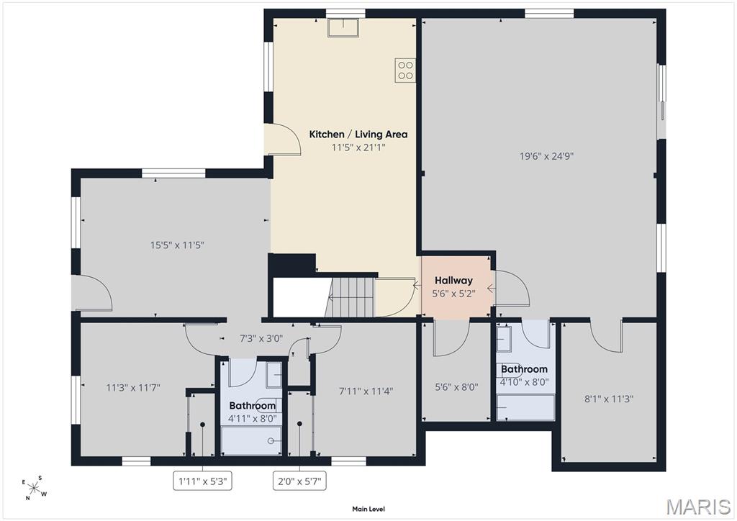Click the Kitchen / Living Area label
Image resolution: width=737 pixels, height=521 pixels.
(358, 135)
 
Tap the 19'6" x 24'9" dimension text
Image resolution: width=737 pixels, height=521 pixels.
(547, 156)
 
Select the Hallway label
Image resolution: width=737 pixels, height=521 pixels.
(453, 281)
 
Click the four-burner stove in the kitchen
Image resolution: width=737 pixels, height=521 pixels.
(405, 71)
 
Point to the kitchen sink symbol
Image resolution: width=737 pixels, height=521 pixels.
(343, 27)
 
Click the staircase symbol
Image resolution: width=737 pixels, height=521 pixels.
(351, 296)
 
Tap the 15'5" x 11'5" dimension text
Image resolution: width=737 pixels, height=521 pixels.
(177, 245)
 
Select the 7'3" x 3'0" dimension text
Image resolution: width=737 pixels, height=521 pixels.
(261, 338)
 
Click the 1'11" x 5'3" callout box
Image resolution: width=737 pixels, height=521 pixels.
(202, 481)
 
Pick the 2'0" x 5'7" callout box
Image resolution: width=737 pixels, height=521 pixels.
(300, 481)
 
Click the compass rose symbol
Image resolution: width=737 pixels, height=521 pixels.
(35, 488)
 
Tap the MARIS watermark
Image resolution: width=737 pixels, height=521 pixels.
(698, 507)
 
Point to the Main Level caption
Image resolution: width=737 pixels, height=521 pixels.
(368, 509)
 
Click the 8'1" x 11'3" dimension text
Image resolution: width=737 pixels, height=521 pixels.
(609, 399)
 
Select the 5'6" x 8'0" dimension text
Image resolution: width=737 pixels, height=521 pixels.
(456, 387)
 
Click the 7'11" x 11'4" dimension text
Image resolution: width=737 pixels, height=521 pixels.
(366, 391)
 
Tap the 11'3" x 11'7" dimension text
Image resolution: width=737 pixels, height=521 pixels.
(133, 388)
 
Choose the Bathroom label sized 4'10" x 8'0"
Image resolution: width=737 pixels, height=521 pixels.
(524, 369)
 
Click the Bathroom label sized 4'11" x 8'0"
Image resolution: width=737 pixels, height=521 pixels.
(253, 406)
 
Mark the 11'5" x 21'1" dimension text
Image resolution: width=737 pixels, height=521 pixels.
(358, 148)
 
